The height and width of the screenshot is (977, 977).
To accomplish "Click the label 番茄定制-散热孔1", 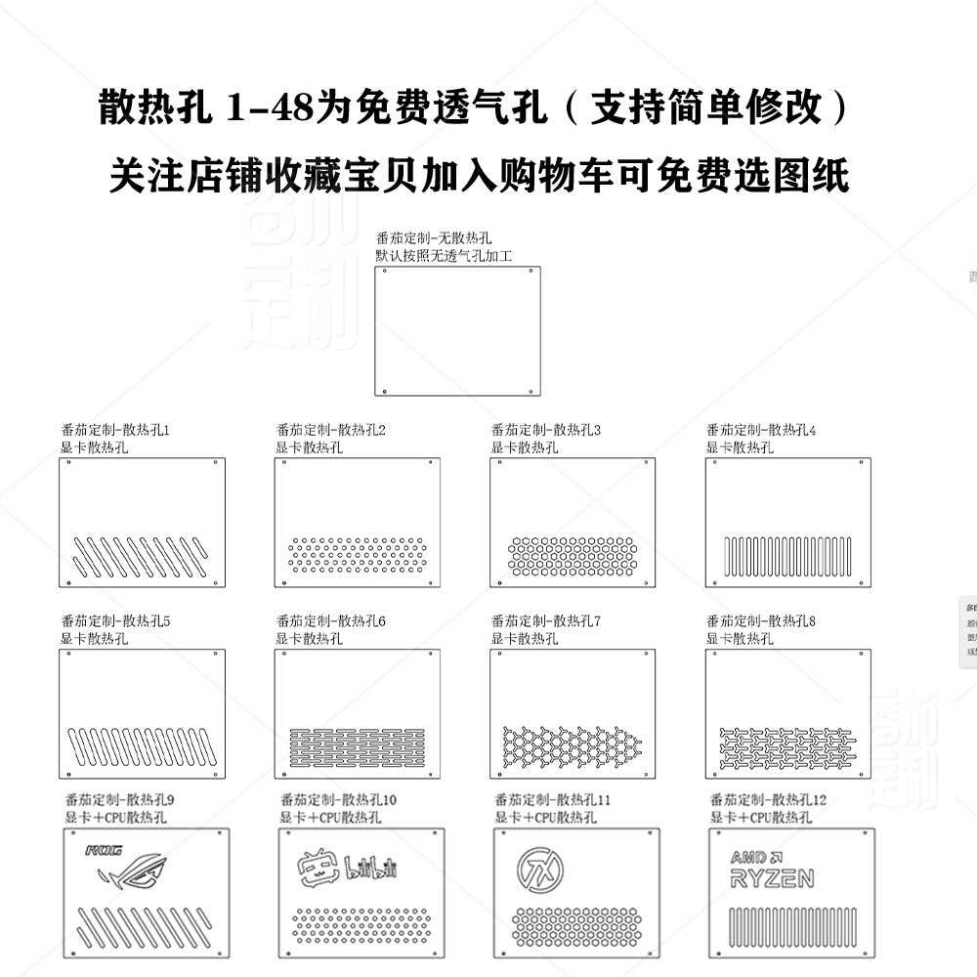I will [x=115, y=429].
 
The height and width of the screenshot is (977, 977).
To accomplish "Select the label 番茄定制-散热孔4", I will [x=761, y=429].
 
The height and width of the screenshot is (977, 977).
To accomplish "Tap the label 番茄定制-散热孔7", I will [x=546, y=620].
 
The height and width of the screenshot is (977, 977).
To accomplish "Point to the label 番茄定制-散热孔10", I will [x=338, y=800].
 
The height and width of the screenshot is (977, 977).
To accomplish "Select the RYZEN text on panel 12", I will [x=772, y=878].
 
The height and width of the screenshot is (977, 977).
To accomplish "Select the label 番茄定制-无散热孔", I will [x=433, y=238].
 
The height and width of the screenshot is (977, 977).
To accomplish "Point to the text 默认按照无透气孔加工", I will [x=445, y=255].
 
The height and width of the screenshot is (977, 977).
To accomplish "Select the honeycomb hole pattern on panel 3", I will [x=573, y=557].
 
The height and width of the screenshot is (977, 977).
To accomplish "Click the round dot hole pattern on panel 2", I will [x=358, y=555].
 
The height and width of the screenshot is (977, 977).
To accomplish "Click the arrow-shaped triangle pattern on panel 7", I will [x=573, y=744].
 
